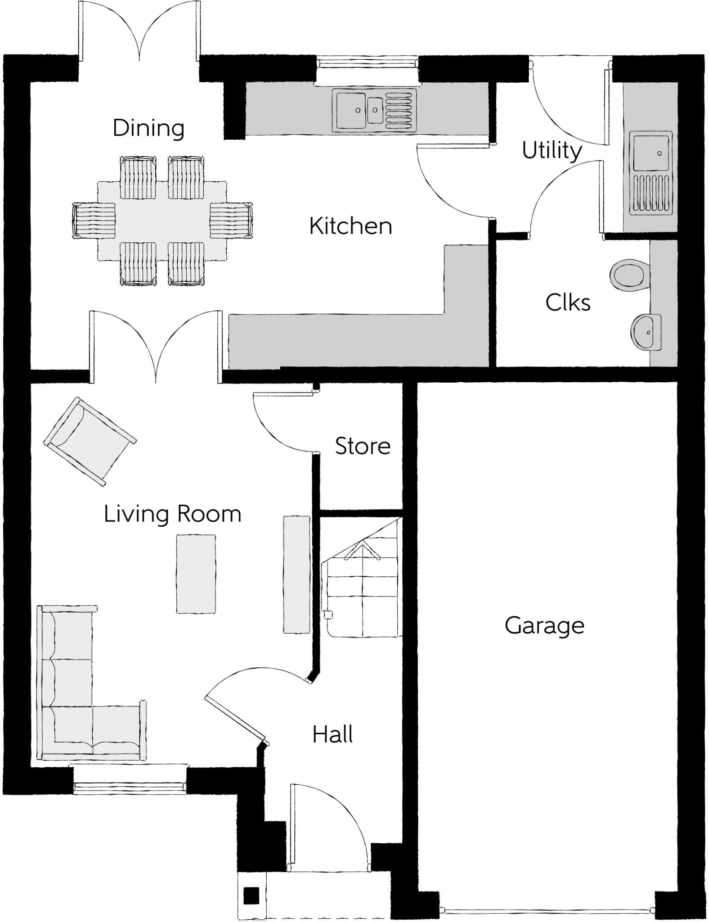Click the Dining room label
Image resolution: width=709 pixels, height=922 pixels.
tap(148, 128)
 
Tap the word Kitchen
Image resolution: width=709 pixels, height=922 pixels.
tap(350, 226)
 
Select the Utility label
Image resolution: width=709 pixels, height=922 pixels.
tap(552, 151)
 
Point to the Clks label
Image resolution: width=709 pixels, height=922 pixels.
tap(568, 303)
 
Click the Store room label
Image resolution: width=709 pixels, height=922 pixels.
tap(363, 446)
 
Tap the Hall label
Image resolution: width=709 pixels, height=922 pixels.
tap(332, 734)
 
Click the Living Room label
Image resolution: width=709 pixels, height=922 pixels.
tap(173, 514)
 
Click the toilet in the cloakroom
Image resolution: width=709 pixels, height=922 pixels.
tap(630, 274)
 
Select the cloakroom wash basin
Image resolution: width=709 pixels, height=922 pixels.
tap(646, 332)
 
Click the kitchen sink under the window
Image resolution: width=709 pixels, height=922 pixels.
tap(374, 111)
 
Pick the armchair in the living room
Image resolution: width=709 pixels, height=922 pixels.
tap(90, 441)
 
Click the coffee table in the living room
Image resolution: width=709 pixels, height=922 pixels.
tap(196, 574)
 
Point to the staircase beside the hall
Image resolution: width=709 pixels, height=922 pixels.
tap(362, 579)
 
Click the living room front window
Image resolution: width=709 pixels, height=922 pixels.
tap(130, 787)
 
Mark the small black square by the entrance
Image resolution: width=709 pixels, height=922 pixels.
tap(251, 895)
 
